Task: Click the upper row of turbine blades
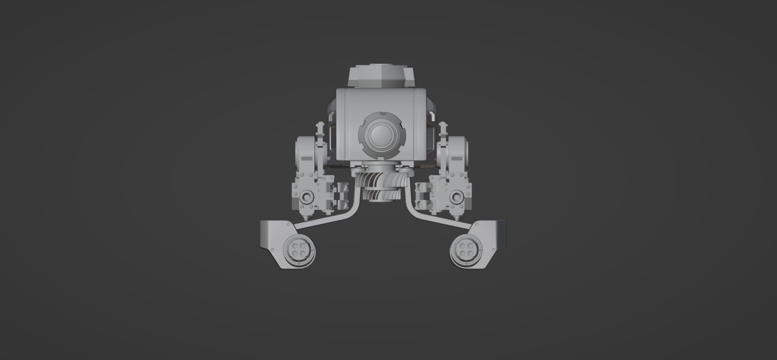380,178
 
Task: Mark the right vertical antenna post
444,131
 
